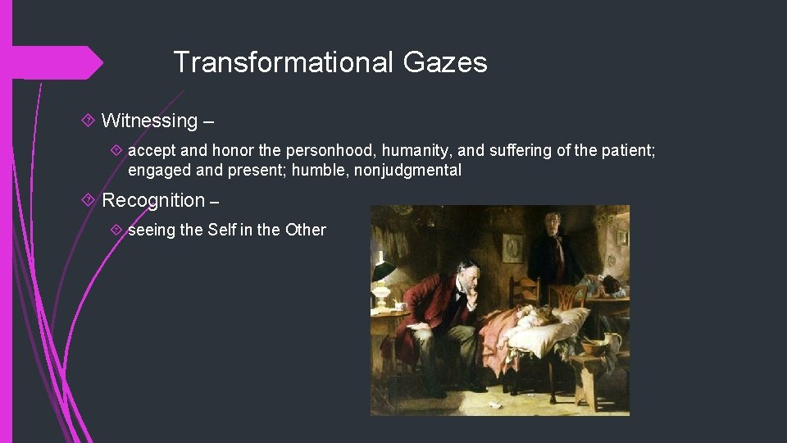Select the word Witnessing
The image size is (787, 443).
pos(149,121)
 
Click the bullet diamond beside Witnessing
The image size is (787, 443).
pos(89,121)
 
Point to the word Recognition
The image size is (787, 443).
pos(153,200)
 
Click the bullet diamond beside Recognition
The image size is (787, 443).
pos(89,200)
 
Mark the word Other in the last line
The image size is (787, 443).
pos(305,230)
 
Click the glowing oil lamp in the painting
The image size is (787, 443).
pos(382,275)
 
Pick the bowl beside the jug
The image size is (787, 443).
pos(594,347)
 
